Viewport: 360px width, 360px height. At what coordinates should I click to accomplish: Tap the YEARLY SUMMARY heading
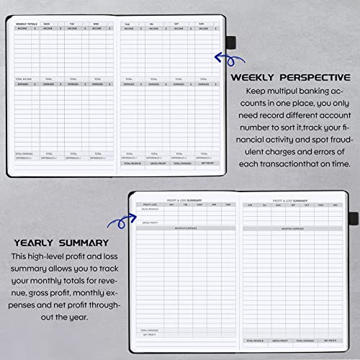(60, 243)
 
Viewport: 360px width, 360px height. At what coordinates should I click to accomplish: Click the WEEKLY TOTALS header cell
(27, 24)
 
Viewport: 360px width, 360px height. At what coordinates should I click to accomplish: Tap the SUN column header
(203, 24)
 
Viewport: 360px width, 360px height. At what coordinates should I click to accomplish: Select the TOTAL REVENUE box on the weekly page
(132, 163)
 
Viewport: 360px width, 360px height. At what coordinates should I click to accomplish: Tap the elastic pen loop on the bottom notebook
(352, 216)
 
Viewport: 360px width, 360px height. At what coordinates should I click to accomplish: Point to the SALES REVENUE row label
(150, 210)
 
